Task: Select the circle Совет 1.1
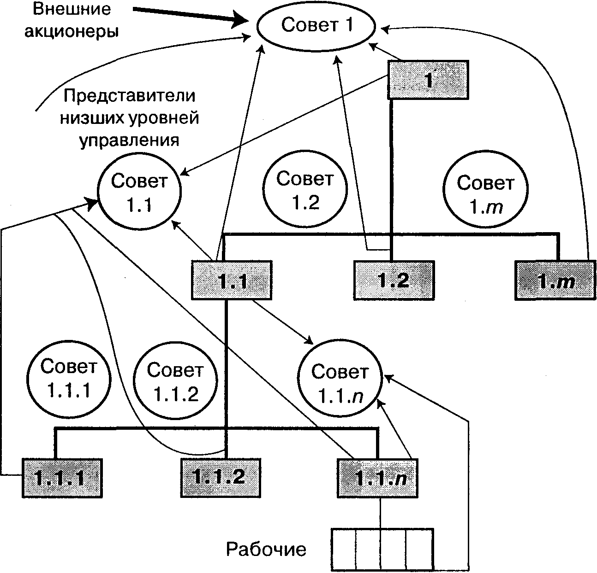(139, 193)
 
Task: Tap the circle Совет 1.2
(304, 190)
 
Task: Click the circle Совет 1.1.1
(69, 378)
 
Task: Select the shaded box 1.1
(232, 280)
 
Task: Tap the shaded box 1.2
(394, 280)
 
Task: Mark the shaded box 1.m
(555, 280)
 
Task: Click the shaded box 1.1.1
(61, 478)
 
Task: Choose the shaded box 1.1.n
(378, 478)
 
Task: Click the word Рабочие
(266, 549)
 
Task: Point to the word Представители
(130, 96)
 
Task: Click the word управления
(130, 140)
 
